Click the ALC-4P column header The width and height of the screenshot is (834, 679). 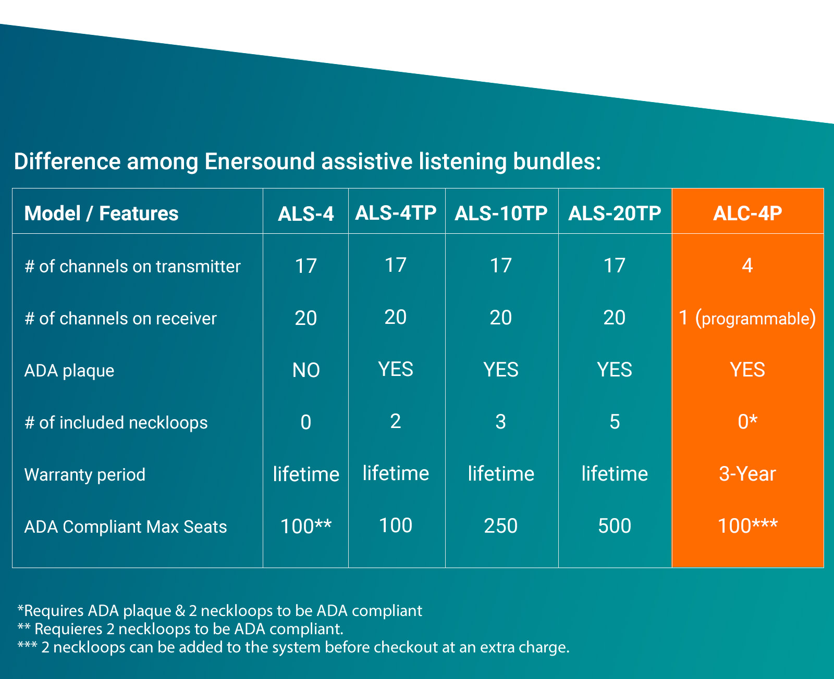[747, 213]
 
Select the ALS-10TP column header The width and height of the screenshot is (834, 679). [501, 213]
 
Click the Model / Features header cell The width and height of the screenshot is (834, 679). [101, 213]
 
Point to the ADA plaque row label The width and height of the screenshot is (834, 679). [69, 370]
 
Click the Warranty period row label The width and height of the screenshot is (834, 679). [84, 474]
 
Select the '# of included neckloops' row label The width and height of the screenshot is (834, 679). [116, 422]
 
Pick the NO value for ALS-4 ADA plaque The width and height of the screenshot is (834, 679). [306, 370]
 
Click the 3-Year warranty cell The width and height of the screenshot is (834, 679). [747, 474]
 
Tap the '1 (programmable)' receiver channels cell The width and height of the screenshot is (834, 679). [747, 318]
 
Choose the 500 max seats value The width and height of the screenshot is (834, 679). [615, 526]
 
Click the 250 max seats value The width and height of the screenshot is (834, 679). [501, 526]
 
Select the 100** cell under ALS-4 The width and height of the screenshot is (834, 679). [306, 526]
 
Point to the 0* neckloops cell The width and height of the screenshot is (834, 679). [747, 422]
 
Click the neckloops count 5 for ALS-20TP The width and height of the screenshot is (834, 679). [615, 422]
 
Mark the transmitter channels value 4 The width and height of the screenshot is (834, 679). [747, 265]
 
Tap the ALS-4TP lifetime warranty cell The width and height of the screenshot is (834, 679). [396, 473]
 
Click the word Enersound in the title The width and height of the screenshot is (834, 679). [260, 161]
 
